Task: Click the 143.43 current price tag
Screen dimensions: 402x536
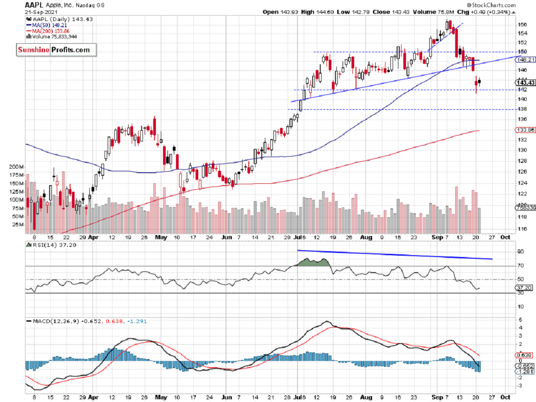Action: (525, 82)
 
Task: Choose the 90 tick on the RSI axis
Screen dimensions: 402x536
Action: (520, 252)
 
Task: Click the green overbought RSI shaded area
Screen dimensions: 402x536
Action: (315, 262)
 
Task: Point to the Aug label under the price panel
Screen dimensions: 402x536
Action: (366, 237)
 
